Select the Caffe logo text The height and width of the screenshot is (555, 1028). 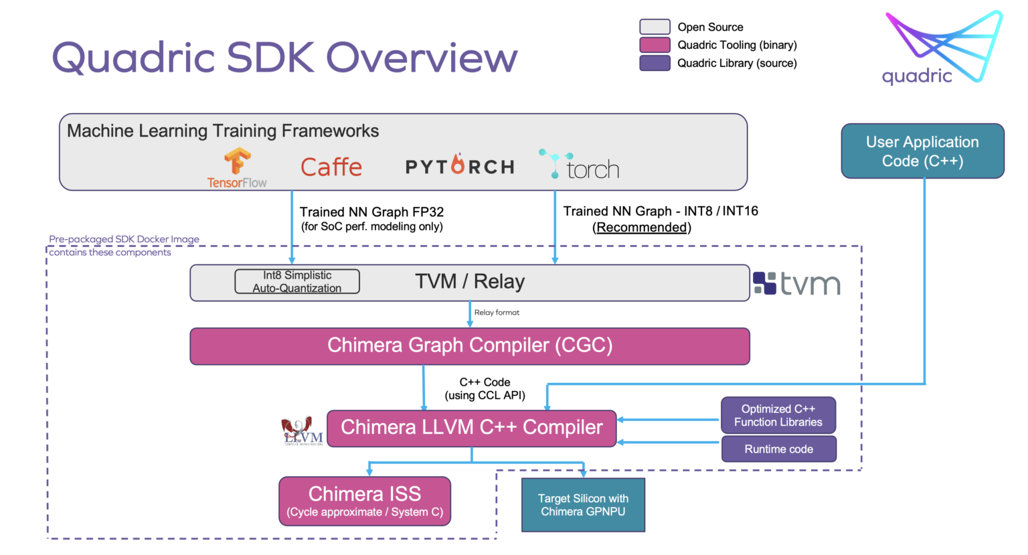coord(331,167)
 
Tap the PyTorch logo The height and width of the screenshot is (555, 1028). coord(460,166)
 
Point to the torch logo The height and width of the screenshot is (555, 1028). coord(580,165)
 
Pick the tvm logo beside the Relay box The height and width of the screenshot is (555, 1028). coord(796,283)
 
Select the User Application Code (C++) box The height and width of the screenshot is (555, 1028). coord(922,151)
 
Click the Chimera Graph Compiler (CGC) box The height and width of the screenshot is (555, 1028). coord(470,346)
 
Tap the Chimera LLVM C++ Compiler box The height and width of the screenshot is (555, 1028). coord(471,428)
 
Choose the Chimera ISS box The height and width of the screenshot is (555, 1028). coord(365,501)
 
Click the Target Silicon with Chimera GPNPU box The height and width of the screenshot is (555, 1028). coord(583,505)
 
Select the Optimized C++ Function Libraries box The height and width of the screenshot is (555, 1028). coord(778,416)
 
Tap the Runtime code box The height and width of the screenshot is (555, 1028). coord(778,449)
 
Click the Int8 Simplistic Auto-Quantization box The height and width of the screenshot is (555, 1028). coord(297,282)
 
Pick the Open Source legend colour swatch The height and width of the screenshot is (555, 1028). coord(655,27)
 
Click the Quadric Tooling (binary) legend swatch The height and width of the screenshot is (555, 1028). coord(655,45)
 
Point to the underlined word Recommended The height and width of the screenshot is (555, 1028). coord(642,228)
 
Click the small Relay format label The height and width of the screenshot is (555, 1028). coord(497,313)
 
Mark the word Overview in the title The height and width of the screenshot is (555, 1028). coord(422,58)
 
